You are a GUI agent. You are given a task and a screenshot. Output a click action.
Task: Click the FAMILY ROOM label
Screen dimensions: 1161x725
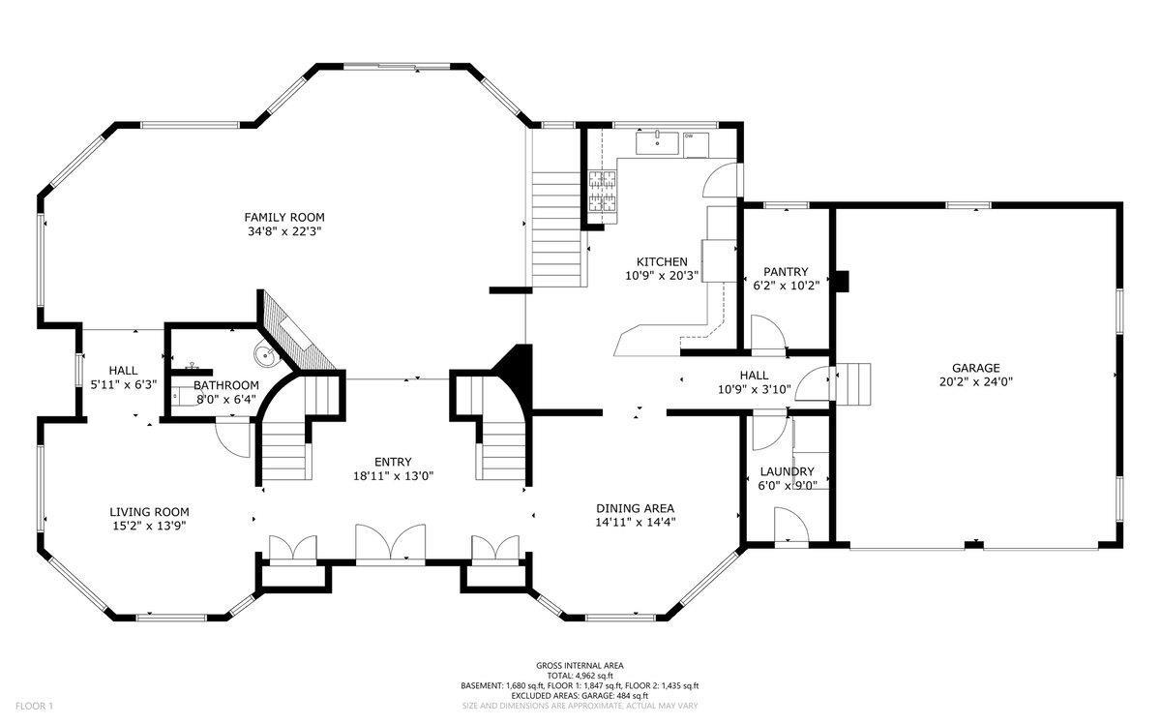pyautogui.click(x=284, y=217)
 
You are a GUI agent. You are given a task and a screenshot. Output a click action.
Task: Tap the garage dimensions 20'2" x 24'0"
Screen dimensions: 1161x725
pyautogui.click(x=976, y=382)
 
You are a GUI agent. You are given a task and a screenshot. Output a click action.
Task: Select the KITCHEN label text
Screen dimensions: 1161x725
pyautogui.click(x=662, y=262)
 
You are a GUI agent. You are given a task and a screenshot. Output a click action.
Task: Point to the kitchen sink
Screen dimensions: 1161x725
pyautogui.click(x=657, y=143)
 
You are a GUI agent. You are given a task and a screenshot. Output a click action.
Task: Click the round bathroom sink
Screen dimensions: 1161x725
pyautogui.click(x=266, y=355)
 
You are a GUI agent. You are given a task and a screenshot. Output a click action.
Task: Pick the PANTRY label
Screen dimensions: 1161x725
pyautogui.click(x=786, y=272)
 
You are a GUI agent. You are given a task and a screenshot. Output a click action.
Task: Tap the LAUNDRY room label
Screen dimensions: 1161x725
pyautogui.click(x=787, y=472)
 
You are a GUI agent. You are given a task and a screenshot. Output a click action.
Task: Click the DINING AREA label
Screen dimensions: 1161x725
pyautogui.click(x=635, y=509)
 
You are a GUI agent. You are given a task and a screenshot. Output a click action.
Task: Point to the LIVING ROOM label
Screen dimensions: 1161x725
pyautogui.click(x=149, y=512)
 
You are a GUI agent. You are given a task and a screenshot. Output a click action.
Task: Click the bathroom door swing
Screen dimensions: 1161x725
pyautogui.click(x=233, y=437)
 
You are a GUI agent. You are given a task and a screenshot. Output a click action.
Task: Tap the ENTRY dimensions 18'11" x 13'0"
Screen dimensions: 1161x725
pyautogui.click(x=393, y=476)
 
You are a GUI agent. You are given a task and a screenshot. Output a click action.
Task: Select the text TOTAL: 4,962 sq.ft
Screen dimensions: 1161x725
pyautogui.click(x=580, y=676)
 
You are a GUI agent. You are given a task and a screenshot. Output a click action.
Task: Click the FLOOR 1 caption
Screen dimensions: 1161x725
pyautogui.click(x=34, y=706)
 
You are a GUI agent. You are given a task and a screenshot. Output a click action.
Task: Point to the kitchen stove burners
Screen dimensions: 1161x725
pyautogui.click(x=603, y=192)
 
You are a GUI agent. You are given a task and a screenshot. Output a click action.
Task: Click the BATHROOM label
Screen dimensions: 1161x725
pyautogui.click(x=226, y=386)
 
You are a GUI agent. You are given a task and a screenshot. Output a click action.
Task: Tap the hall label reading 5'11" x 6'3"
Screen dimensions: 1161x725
pyautogui.click(x=124, y=385)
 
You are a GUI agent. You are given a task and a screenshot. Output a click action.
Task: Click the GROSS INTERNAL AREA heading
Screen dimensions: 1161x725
pyautogui.click(x=580, y=666)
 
